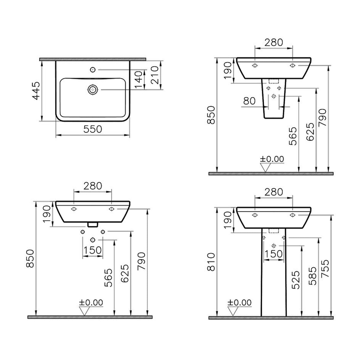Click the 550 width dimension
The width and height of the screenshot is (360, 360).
(x=93, y=129)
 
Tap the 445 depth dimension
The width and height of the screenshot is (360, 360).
(x=36, y=91)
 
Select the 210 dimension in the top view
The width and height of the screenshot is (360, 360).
(x=155, y=75)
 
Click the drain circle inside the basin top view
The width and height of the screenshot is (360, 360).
(x=93, y=90)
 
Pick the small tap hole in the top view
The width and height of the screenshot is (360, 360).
(x=93, y=70)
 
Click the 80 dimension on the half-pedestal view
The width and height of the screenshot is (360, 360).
(x=249, y=101)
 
